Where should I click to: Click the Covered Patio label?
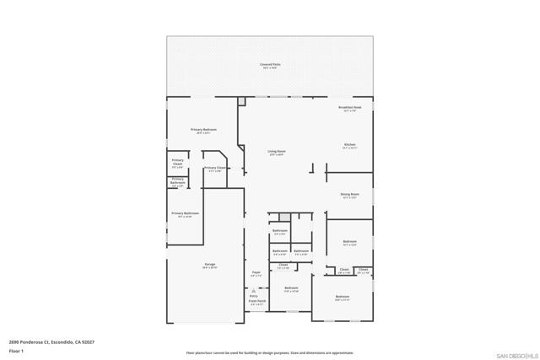point(270,64)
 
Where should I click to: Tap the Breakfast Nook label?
point(350,107)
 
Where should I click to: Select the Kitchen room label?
point(349,144)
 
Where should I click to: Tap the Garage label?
point(209,264)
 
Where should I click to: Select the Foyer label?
point(256,272)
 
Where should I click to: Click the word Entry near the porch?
point(253,296)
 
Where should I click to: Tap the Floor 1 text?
point(17,349)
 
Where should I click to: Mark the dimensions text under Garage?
point(209,267)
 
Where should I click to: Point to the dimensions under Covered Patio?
point(270,67)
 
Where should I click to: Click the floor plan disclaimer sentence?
point(270,352)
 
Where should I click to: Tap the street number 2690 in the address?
point(13,341)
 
